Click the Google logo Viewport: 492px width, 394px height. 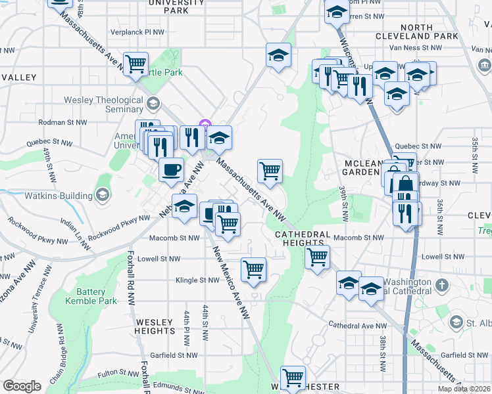click(x=22, y=385)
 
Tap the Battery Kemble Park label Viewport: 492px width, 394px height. click(x=91, y=296)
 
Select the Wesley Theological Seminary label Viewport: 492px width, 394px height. click(x=103, y=104)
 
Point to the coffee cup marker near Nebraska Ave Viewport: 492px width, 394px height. click(x=171, y=170)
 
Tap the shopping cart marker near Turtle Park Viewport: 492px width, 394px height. click(x=135, y=64)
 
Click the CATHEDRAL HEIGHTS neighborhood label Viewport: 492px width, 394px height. click(x=302, y=238)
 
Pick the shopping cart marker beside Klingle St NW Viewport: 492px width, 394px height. click(x=254, y=269)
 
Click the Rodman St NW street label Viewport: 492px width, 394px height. click(x=62, y=121)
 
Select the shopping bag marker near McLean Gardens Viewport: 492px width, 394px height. click(x=405, y=185)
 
